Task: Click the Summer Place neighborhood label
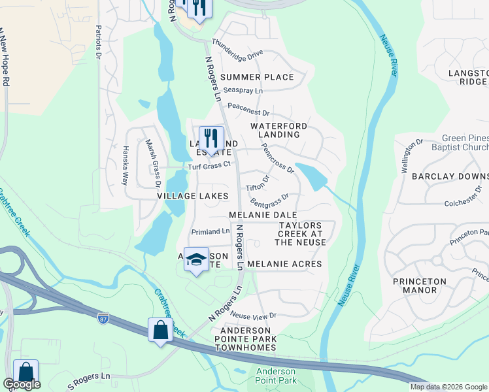257,77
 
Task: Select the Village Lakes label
192,196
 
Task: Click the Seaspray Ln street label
243,90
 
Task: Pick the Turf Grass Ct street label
210,166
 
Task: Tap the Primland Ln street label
210,231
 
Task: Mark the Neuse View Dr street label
254,315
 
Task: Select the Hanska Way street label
124,165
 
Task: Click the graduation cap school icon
195,260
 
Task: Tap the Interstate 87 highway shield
103,318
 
